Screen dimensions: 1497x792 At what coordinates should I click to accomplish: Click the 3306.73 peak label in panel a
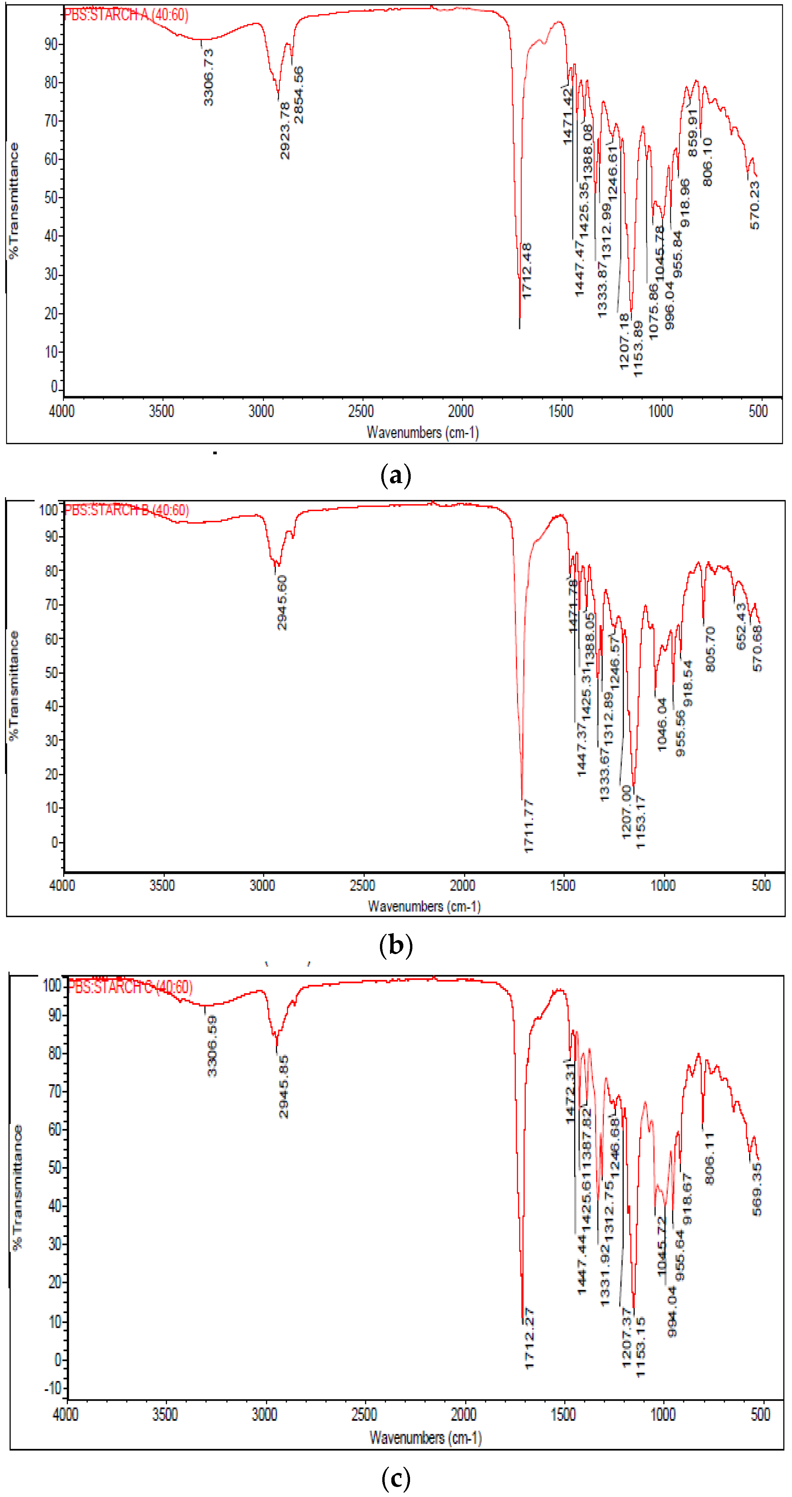coord(208,77)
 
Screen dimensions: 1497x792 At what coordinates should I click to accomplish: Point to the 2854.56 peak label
coord(298,95)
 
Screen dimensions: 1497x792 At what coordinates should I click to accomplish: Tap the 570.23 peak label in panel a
coord(755,205)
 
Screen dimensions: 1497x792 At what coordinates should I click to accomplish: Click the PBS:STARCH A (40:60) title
coord(126,14)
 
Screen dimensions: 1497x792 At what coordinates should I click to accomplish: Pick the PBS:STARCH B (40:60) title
coord(126,510)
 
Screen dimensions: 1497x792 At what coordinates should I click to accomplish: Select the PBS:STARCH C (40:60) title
coord(130,987)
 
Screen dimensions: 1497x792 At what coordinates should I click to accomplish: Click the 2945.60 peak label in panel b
coord(282,603)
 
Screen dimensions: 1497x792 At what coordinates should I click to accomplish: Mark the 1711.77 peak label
coord(528,826)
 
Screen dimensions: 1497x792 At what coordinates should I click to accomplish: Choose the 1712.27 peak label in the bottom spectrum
coord(528,1338)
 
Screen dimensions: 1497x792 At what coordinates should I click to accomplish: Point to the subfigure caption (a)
coord(395,475)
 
